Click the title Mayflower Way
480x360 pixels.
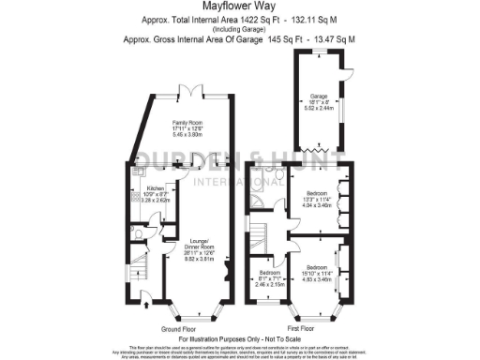(239, 7)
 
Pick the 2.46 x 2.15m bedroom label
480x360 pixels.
(269, 277)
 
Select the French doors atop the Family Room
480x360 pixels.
(191, 93)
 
